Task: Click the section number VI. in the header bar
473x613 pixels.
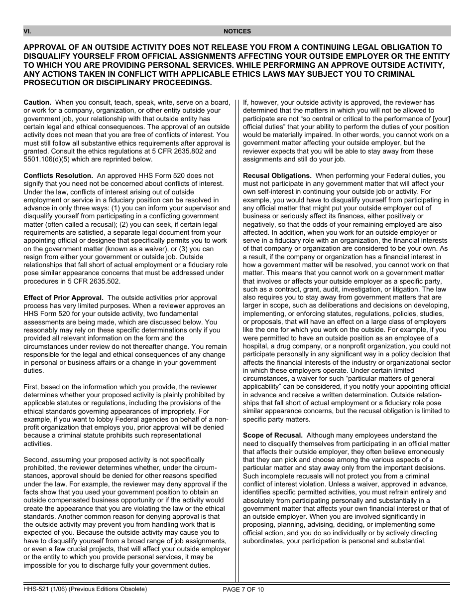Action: pyautogui.click(x=27, y=31)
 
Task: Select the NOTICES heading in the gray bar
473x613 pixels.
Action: pyautogui.click(x=237, y=31)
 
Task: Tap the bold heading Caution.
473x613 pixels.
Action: pyautogui.click(x=37, y=102)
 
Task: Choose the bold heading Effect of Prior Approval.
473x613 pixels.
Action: pyautogui.click(x=63, y=298)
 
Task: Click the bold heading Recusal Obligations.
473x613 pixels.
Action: pyautogui.click(x=277, y=175)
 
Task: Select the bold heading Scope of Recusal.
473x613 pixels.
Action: pyautogui.click(x=272, y=435)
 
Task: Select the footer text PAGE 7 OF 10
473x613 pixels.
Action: pyautogui.click(x=243, y=589)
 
